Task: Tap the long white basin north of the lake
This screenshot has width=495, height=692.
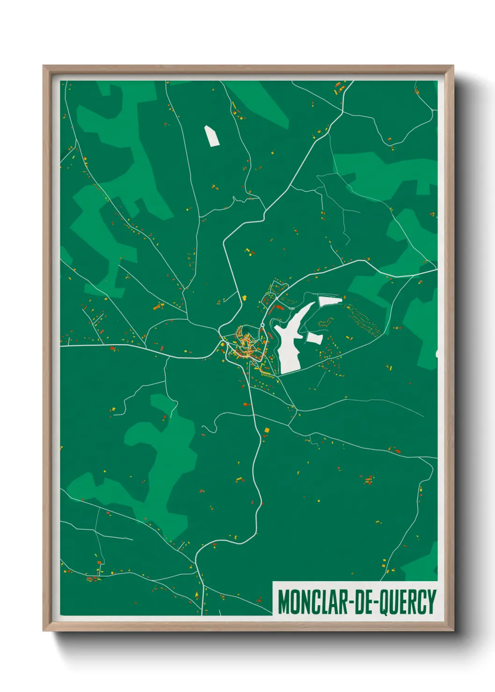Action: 330,301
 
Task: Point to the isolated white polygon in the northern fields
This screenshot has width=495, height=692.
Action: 211,136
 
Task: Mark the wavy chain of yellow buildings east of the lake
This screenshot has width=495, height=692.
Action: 326,322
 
